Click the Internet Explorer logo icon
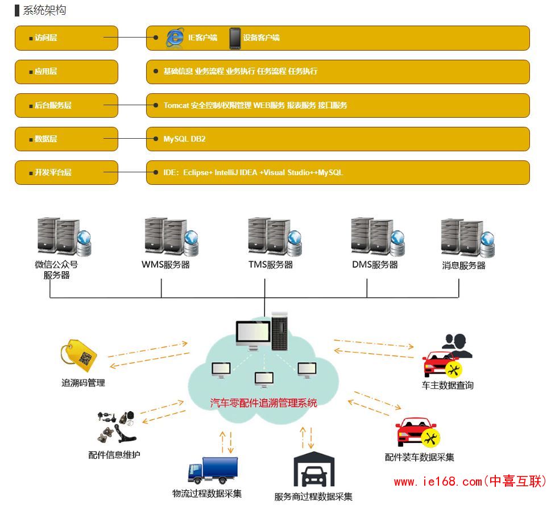[175, 38]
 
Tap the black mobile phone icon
[235, 38]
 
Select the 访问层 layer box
[67, 38]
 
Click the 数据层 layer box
[67, 139]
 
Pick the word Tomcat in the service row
[176, 105]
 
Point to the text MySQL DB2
[184, 139]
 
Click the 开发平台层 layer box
[67, 172]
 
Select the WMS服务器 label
[165, 265]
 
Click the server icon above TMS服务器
[275, 236]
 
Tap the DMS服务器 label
[375, 265]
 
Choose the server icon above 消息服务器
[467, 237]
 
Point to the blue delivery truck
[213, 470]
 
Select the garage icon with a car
[314, 470]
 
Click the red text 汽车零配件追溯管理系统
[263, 403]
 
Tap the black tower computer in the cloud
[280, 331]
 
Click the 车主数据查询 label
[448, 385]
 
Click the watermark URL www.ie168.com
[438, 482]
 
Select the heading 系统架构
[44, 11]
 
